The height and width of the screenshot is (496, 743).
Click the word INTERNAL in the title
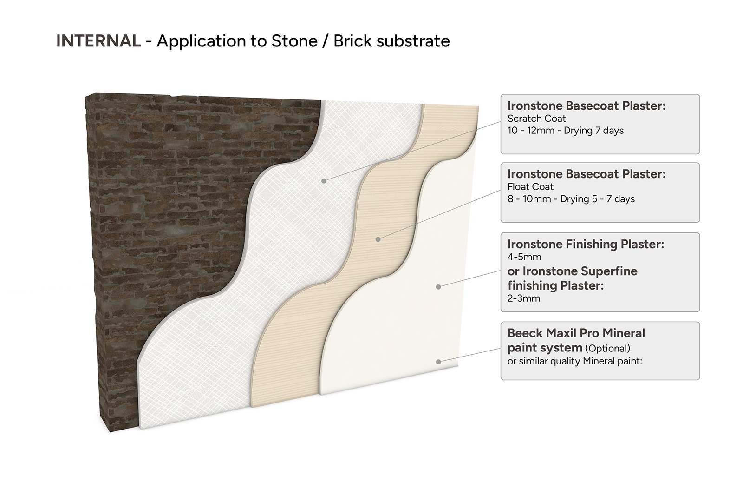click(x=98, y=41)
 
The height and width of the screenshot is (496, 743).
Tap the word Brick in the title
click(x=352, y=41)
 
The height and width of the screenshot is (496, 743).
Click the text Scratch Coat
click(x=536, y=119)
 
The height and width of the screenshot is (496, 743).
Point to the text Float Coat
click(x=530, y=187)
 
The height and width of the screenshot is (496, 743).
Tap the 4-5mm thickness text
click(x=524, y=257)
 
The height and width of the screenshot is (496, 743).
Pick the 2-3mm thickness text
click(x=524, y=298)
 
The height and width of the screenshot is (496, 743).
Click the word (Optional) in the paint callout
click(x=607, y=348)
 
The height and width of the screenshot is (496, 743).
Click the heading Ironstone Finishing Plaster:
click(x=586, y=244)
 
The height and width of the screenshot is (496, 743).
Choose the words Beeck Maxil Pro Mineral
click(x=576, y=333)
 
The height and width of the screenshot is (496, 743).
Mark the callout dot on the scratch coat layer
click(x=324, y=181)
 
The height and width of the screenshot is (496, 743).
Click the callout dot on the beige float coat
click(x=378, y=239)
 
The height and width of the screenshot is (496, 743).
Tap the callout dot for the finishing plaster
click(x=438, y=287)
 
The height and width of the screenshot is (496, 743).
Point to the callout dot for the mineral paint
click(x=438, y=362)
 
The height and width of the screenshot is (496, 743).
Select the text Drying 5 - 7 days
click(x=597, y=199)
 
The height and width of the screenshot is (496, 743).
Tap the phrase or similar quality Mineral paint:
click(x=575, y=361)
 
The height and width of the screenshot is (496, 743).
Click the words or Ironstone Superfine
click(x=572, y=271)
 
